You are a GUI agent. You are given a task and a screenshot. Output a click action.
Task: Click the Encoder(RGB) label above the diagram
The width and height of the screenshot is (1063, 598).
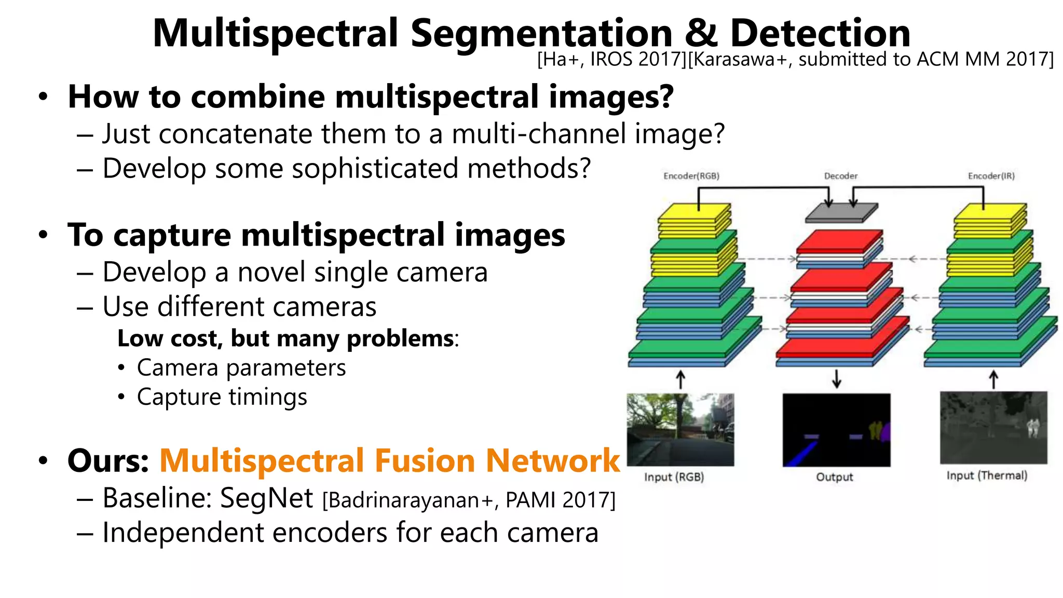[x=691, y=176]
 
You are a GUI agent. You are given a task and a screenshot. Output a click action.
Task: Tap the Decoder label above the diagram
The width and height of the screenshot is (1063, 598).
[x=841, y=176]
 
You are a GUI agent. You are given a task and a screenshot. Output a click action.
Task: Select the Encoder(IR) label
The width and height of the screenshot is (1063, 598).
[x=991, y=176]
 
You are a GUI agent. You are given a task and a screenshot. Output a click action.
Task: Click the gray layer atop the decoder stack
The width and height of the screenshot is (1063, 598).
[x=841, y=213]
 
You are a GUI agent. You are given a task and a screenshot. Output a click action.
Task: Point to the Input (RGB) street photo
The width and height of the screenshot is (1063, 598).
[x=680, y=429]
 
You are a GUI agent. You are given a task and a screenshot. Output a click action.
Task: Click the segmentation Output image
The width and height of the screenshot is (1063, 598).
[x=836, y=430]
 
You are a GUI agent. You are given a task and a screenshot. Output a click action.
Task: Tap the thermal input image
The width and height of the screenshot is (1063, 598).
[x=993, y=428]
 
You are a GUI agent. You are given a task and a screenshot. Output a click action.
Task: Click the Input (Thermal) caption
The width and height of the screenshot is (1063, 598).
[x=987, y=475]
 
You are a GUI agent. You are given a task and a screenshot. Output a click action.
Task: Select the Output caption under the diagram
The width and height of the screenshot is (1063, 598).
[x=834, y=477]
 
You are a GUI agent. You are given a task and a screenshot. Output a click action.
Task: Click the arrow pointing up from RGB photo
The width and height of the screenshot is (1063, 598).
[x=680, y=379]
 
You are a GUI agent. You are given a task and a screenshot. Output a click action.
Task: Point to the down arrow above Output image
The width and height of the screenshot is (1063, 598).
[x=836, y=379]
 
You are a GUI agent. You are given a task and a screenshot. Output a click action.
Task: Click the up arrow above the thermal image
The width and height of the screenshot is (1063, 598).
[x=993, y=379]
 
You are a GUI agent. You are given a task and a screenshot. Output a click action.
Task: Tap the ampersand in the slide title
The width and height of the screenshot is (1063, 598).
[x=701, y=34]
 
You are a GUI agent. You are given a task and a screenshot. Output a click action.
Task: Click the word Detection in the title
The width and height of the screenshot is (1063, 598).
[x=820, y=34]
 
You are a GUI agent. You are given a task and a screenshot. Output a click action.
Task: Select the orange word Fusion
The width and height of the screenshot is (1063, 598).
[x=425, y=461]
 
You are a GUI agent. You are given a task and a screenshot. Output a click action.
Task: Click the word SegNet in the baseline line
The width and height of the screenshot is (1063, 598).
[x=266, y=498]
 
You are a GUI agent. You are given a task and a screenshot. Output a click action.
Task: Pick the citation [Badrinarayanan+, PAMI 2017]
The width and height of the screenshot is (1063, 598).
[x=469, y=500]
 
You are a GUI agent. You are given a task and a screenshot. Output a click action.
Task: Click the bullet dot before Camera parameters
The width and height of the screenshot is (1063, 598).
[x=121, y=368]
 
